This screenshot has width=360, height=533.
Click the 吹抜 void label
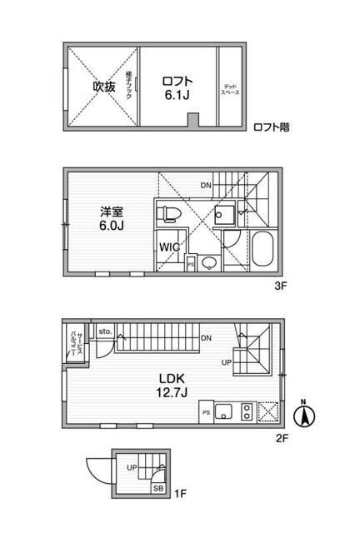click(x=103, y=86)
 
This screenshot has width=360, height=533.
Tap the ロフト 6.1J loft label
click(x=177, y=87)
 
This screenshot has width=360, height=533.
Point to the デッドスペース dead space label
click(x=230, y=87)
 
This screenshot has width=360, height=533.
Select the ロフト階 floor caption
click(x=272, y=127)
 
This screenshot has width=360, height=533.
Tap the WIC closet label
click(x=169, y=248)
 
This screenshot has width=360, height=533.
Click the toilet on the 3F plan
click(x=169, y=214)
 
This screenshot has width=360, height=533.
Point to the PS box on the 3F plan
click(x=191, y=264)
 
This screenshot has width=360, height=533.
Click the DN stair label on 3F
click(x=205, y=185)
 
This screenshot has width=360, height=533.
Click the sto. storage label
click(x=104, y=331)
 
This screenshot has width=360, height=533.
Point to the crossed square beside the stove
click(x=269, y=411)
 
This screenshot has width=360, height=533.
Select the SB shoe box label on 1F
click(x=157, y=490)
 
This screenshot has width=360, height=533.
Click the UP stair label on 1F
click(x=131, y=467)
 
